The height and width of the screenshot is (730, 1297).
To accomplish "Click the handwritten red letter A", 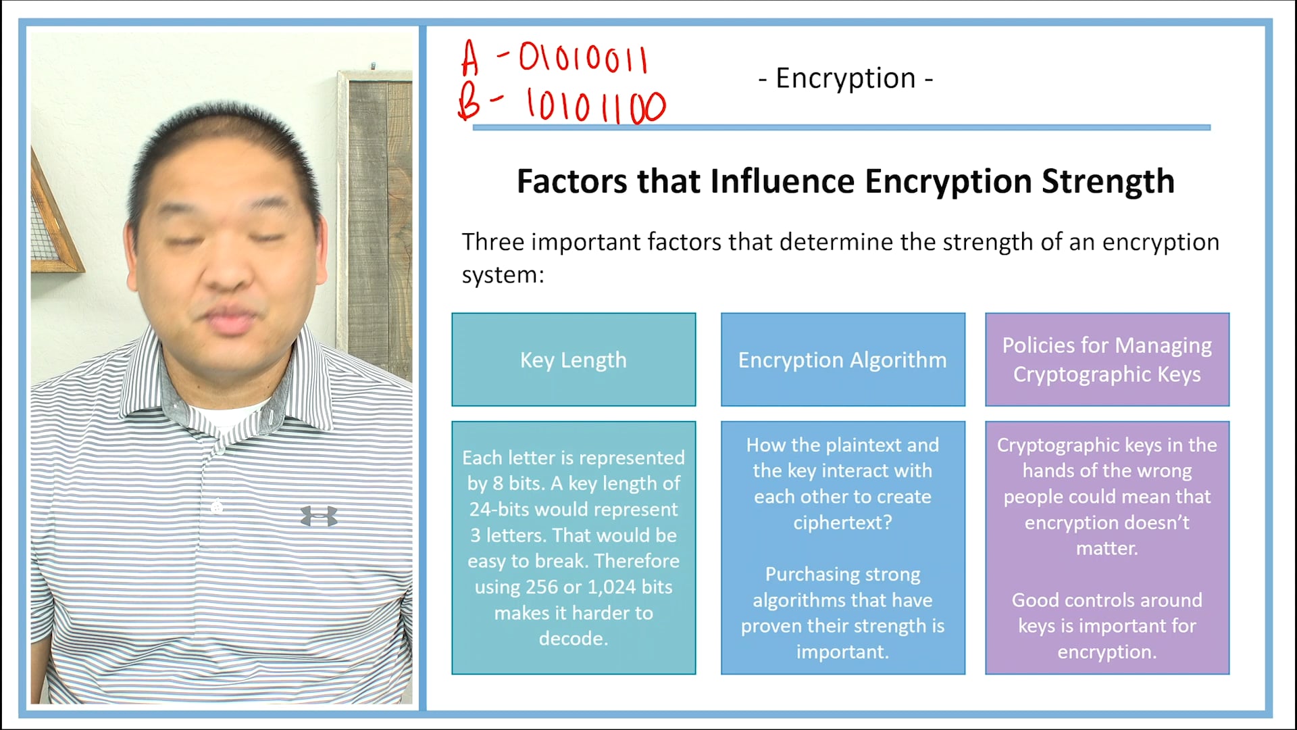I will coord(470,59).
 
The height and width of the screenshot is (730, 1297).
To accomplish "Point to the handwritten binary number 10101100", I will coord(596,107).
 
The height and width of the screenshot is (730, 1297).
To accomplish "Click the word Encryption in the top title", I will coord(845,78).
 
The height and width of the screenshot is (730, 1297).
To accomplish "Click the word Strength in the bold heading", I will coord(1108,181).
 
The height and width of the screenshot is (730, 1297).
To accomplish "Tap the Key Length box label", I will coord(574,360).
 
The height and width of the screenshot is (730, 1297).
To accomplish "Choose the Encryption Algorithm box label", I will coord(842,360).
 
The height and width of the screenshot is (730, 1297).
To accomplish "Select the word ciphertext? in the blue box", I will coord(842,522).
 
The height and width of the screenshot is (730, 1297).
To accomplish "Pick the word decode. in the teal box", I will coord(574,638).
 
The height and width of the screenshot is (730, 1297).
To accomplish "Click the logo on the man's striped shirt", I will coord(319,516).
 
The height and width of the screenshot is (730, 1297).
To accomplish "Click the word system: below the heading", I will coord(503,275).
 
